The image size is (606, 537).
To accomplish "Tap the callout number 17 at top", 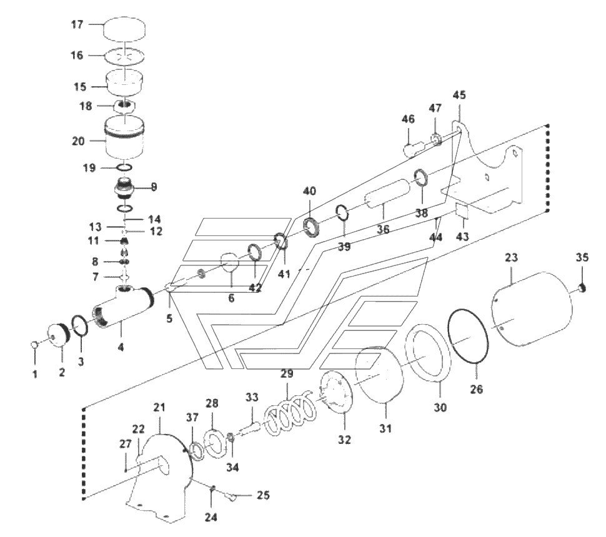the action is (x=77, y=25).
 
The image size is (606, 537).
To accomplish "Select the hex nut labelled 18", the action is (x=124, y=106).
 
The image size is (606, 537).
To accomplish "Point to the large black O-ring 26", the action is (x=468, y=335).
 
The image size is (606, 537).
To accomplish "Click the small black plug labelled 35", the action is (x=582, y=288).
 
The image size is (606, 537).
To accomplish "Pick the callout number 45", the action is (x=459, y=95).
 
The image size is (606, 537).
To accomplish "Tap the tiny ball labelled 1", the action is (x=34, y=344).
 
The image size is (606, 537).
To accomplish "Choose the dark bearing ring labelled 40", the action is (x=312, y=227).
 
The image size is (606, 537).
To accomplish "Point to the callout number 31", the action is (x=385, y=428).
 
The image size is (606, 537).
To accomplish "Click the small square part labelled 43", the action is (x=462, y=210).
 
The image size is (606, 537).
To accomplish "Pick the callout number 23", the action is (x=511, y=258).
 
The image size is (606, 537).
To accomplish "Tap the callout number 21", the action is (x=159, y=408).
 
